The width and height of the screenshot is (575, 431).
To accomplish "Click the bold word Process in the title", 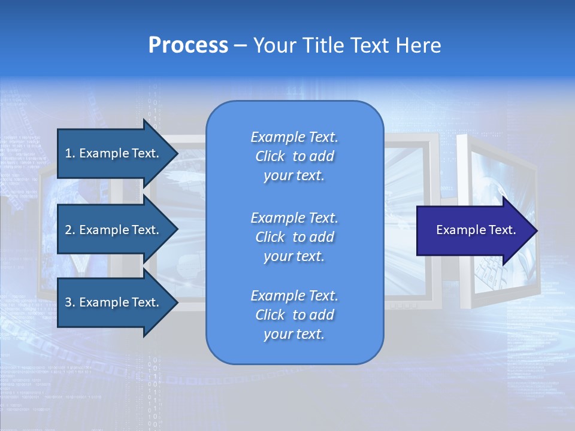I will click(x=188, y=45).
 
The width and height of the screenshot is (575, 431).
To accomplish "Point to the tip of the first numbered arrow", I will click(x=177, y=153).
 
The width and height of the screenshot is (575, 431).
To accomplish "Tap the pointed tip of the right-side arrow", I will click(x=537, y=230).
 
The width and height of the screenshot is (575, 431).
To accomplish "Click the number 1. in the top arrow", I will click(x=70, y=153).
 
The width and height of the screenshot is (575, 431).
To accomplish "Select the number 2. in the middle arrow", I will click(x=70, y=230).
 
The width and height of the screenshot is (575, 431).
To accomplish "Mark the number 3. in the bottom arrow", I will click(x=70, y=302).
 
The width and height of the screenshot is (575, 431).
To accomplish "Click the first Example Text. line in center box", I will click(x=294, y=137).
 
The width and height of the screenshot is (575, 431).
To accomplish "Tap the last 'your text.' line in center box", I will click(x=294, y=334).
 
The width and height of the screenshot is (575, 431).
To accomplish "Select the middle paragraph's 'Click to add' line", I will click(x=294, y=237).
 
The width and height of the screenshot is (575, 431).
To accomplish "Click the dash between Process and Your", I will click(x=241, y=45).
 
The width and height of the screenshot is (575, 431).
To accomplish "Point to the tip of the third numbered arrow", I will click(x=177, y=302).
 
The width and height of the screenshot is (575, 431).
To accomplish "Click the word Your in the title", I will click(x=273, y=45).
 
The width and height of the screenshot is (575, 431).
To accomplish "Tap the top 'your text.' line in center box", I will click(x=294, y=176).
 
